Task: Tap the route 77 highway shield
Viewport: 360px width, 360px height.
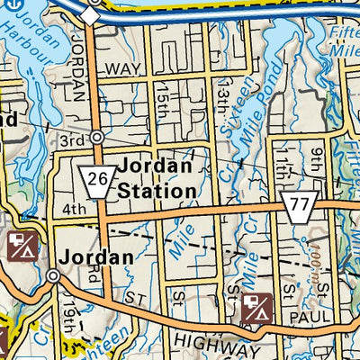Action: (297, 206)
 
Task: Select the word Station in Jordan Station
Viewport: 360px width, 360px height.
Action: (157, 191)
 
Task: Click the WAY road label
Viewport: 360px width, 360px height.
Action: (117, 69)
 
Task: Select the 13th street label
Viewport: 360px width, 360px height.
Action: (219, 92)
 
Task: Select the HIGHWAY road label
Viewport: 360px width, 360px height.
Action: (211, 345)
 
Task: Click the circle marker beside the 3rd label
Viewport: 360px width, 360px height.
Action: (96, 137)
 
